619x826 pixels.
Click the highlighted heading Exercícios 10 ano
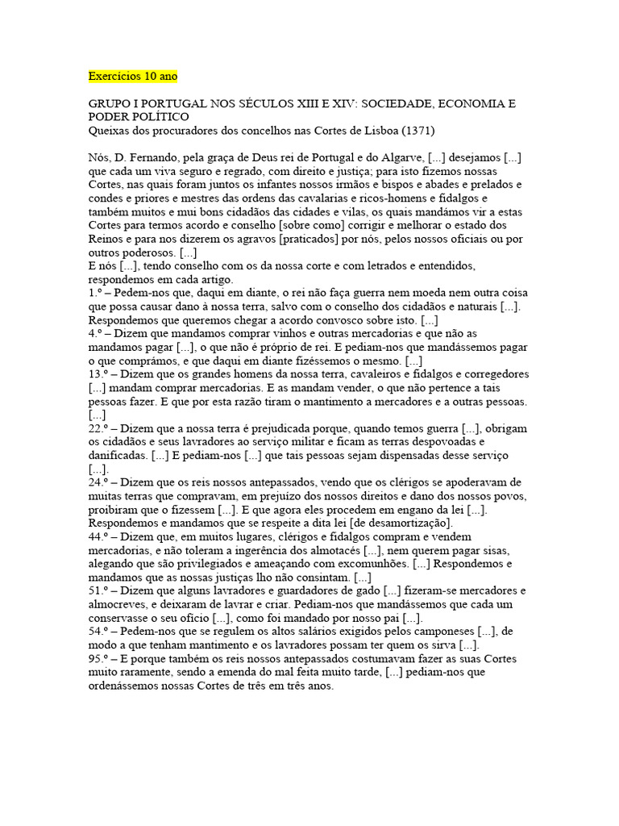coord(132,77)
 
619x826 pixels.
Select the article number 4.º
coord(95,334)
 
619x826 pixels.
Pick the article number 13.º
coord(99,373)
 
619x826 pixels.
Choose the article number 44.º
coord(99,536)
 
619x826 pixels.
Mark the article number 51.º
coord(99,590)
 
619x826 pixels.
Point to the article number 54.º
coord(99,631)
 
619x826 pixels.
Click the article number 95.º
coord(99,657)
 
